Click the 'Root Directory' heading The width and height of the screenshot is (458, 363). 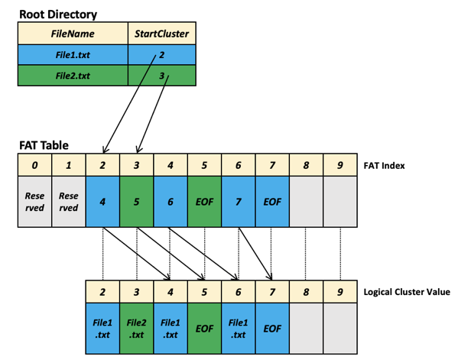click(x=58, y=15)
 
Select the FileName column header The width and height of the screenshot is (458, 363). click(x=73, y=34)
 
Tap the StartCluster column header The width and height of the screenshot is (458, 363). click(x=162, y=34)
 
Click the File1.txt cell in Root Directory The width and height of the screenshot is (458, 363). click(x=73, y=54)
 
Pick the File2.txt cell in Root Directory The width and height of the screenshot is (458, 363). click(x=73, y=76)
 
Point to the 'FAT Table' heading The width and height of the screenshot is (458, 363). click(x=44, y=145)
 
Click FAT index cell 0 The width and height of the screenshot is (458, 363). click(x=34, y=165)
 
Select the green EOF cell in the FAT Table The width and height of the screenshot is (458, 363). click(x=204, y=202)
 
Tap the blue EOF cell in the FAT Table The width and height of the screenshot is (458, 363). click(x=272, y=202)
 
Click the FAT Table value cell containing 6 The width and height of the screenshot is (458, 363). click(x=171, y=202)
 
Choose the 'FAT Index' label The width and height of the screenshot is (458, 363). click(x=384, y=166)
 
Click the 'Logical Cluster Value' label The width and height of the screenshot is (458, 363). click(x=407, y=292)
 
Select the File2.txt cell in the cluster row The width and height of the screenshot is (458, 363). click(x=136, y=329)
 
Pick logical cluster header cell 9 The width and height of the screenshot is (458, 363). click(x=340, y=292)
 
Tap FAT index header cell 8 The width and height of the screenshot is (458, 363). click(x=306, y=165)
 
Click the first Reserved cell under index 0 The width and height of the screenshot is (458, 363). click(x=34, y=202)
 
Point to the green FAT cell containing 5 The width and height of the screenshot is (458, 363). click(x=136, y=202)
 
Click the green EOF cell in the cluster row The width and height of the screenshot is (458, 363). click(x=204, y=329)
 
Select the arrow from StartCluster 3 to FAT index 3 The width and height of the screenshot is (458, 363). click(x=153, y=114)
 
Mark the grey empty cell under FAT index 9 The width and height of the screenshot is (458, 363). click(x=340, y=202)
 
